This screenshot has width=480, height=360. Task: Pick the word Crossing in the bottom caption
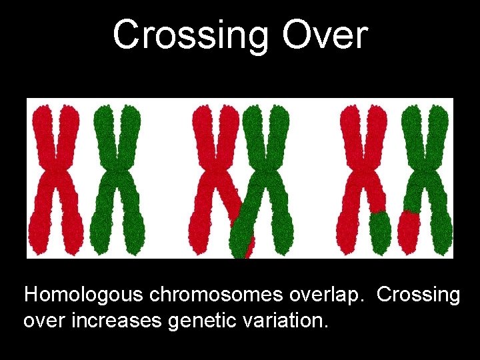419,295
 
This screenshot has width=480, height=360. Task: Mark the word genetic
199,321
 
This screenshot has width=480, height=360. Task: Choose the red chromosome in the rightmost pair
363,167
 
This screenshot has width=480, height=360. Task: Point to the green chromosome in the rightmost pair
427,167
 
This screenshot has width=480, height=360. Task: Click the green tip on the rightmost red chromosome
380,230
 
